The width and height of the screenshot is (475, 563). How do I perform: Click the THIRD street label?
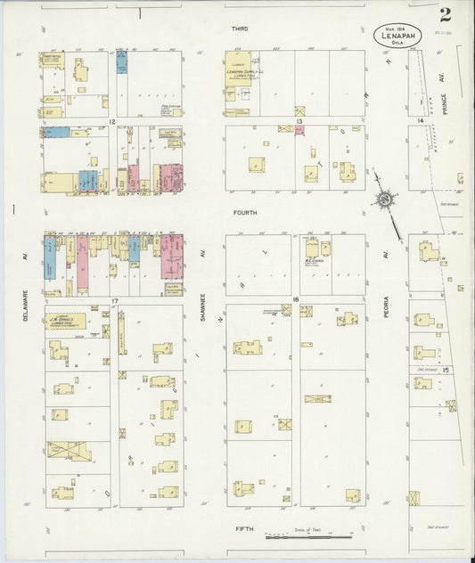[x=239, y=29]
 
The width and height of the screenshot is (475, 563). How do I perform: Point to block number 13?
[x=299, y=121]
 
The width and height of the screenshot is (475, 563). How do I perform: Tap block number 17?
[x=115, y=303]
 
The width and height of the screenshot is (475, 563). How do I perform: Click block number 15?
[x=434, y=370]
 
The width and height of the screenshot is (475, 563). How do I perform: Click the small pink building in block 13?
[x=299, y=130]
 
